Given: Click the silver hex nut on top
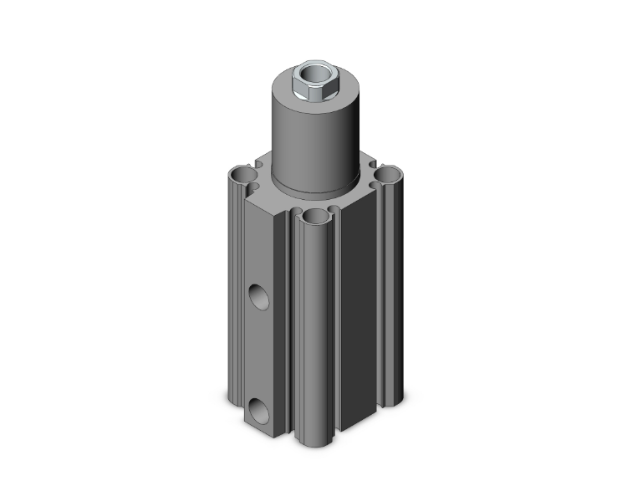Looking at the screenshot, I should [308, 81].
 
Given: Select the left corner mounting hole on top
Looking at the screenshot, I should [242, 175].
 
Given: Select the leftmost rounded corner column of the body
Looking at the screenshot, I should [234, 293].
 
